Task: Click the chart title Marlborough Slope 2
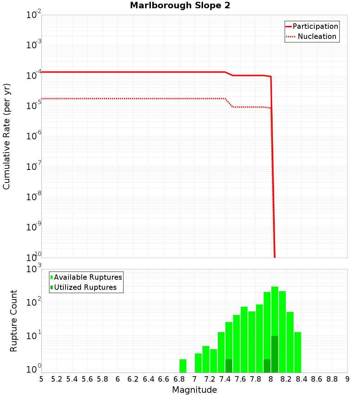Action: [x=180, y=6]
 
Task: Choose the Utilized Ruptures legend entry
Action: [x=85, y=287]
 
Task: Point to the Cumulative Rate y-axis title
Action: [x=6, y=136]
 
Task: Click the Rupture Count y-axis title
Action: [x=13, y=321]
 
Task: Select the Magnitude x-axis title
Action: [x=194, y=390]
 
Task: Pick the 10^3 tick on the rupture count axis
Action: [x=34, y=269]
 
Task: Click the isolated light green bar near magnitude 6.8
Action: [x=183, y=366]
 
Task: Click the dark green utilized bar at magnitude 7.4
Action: [x=229, y=366]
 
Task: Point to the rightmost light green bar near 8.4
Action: [x=297, y=352]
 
